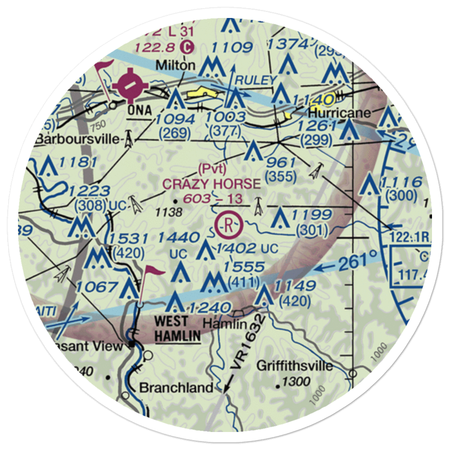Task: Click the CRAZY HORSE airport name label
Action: click(211, 184)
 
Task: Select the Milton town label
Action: click(175, 66)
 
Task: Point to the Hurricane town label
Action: click(339, 112)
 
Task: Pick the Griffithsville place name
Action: click(295, 365)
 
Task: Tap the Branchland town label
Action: click(176, 387)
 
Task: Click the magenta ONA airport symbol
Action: click(129, 85)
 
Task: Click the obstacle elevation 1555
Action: click(245, 267)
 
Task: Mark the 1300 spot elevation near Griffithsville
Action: click(297, 382)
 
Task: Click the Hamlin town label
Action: click(225, 324)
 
